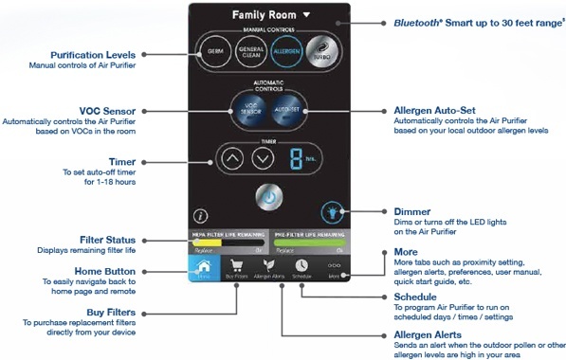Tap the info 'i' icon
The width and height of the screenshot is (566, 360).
pyautogui.click(x=200, y=216)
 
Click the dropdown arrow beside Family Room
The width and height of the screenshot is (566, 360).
pyautogui.click(x=307, y=16)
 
